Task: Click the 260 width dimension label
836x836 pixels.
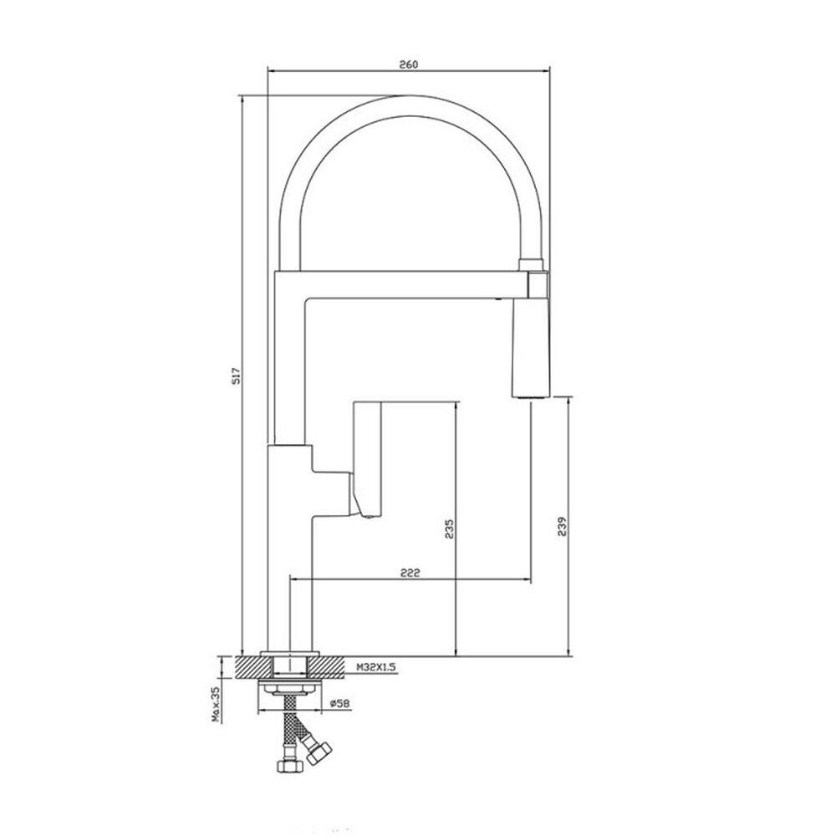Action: pos(409,64)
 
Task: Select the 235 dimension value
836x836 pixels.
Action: pos(450,528)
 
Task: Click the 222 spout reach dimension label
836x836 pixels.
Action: pos(410,573)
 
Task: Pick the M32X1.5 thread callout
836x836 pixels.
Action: pos(377,667)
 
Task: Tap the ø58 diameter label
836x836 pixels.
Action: pos(339,703)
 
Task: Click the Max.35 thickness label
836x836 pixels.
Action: pos(217,703)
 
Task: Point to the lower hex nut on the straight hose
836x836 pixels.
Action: pos(290,766)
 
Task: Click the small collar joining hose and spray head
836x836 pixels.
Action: pos(531,264)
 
